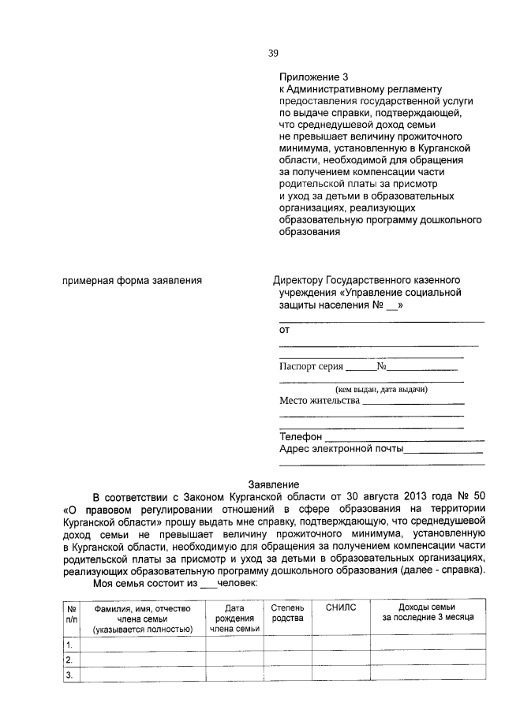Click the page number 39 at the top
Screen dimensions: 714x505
point(273,54)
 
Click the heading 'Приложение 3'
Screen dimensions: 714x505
point(313,77)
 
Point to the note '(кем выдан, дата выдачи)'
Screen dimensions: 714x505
point(382,389)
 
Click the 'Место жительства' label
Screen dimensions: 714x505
point(319,400)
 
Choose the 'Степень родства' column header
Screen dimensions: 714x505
point(287,612)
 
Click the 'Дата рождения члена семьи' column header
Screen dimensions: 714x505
point(234,618)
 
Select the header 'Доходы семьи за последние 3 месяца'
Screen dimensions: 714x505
point(427,612)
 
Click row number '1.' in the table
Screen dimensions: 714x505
point(69,646)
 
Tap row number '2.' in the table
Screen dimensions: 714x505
point(69,660)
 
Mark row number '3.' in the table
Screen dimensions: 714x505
point(69,675)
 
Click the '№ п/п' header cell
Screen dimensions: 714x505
point(71,612)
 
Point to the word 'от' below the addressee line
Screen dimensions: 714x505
point(285,329)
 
